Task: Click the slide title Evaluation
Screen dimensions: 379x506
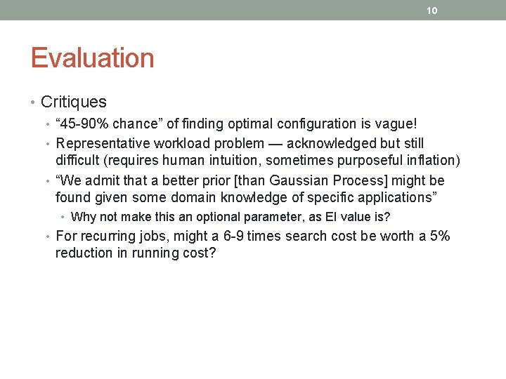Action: [x=92, y=58]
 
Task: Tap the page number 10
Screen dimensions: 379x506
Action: [x=432, y=10]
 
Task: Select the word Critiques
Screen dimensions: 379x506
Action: [x=74, y=102]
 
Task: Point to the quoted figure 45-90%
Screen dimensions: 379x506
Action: [x=84, y=124]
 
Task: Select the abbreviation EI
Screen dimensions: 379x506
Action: [x=335, y=217]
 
